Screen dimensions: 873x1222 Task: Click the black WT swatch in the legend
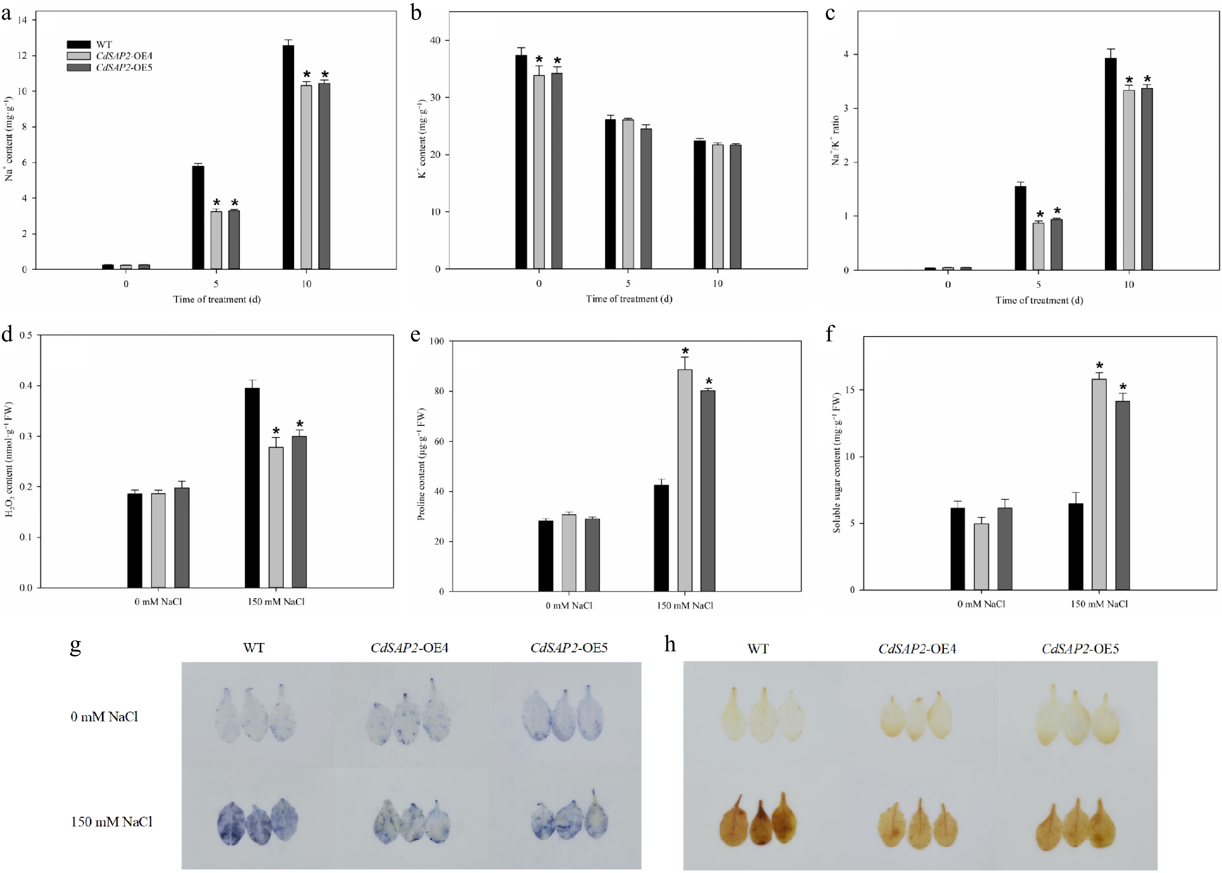[79, 44]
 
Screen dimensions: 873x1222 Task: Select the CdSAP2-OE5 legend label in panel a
[124, 68]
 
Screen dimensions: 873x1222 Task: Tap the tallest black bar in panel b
[521, 161]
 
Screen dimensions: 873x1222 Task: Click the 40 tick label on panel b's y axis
[435, 40]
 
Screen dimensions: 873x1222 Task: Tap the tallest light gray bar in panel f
[1099, 484]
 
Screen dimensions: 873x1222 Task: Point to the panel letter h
[669, 644]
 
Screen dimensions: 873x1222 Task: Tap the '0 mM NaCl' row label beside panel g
[104, 716]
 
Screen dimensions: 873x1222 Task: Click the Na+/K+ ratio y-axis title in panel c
[835, 140]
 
